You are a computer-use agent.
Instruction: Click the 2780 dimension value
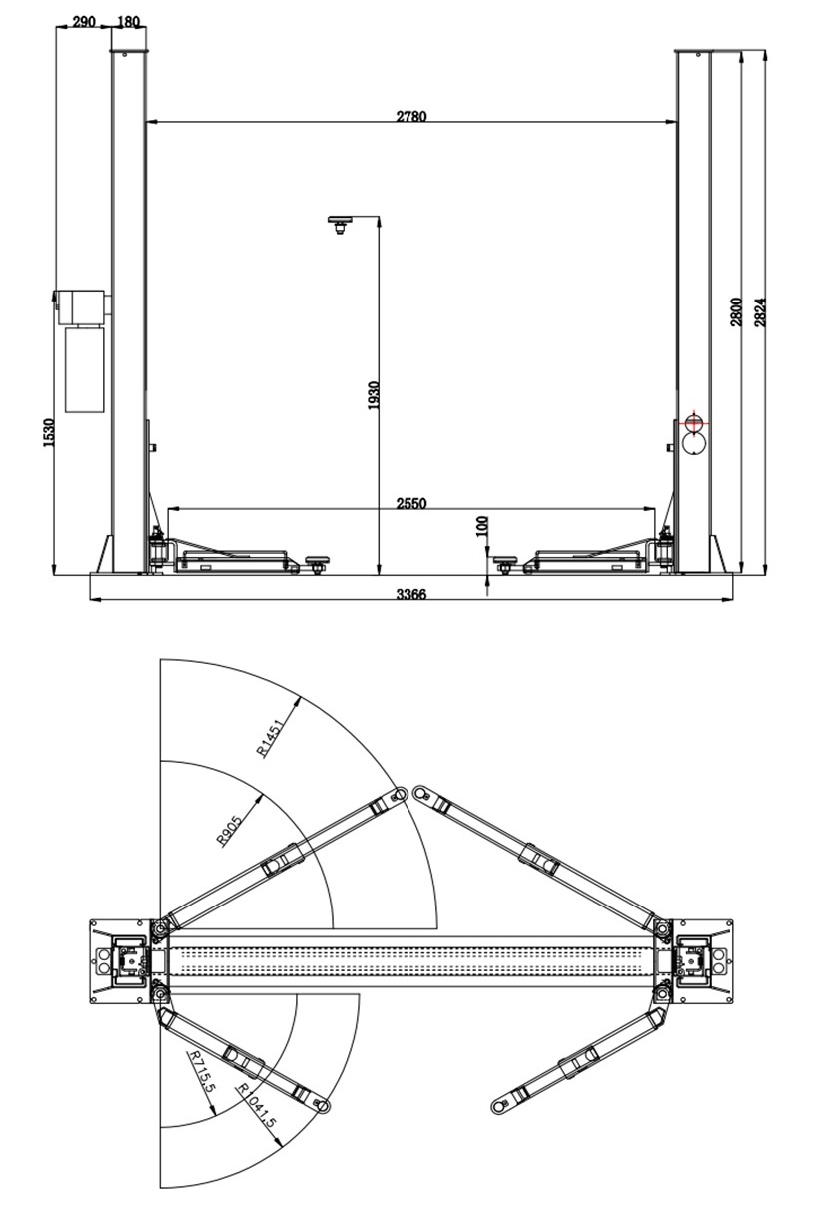(410, 116)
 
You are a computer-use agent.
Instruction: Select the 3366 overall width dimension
(410, 594)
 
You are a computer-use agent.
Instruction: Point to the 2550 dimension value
(410, 503)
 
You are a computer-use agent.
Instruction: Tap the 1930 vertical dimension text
(374, 395)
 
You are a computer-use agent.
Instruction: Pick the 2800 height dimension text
(736, 312)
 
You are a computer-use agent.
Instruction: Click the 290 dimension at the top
(84, 21)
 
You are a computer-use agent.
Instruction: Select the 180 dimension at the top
(129, 21)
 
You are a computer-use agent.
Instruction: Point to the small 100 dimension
(483, 526)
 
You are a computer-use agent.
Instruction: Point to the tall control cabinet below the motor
(85, 369)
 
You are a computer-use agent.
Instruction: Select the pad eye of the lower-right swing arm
(497, 1106)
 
